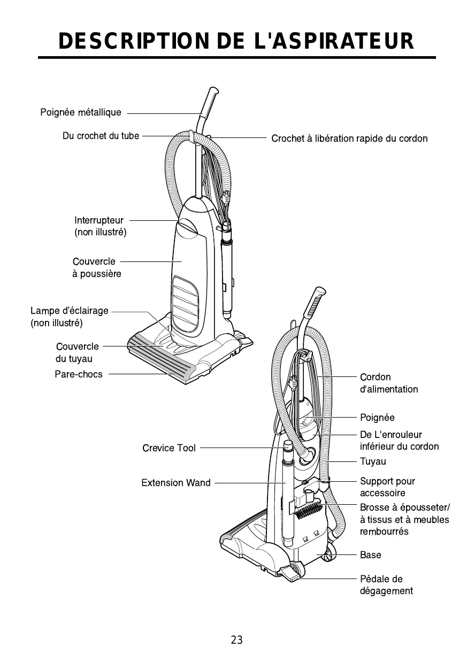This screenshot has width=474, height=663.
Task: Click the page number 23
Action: [x=237, y=639]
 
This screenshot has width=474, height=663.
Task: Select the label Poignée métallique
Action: [x=81, y=113]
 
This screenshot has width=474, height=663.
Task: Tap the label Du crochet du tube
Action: [x=101, y=136]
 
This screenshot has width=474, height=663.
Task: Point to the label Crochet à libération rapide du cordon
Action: [x=349, y=138]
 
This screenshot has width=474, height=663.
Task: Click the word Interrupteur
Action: [x=99, y=220]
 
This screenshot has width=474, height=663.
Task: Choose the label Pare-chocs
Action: [x=79, y=374]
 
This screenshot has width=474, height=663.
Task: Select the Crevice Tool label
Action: [x=169, y=448]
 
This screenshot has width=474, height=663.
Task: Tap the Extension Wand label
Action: [x=176, y=483]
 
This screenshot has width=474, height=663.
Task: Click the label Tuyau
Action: [x=373, y=461]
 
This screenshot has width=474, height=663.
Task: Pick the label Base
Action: [x=371, y=555]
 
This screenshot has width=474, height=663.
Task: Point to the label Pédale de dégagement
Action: [x=386, y=585]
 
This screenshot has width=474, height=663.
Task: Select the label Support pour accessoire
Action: [x=387, y=487]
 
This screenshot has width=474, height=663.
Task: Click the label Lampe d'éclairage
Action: [x=70, y=311]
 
